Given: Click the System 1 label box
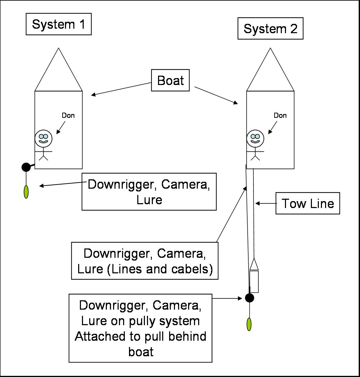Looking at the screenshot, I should pyautogui.click(x=58, y=25).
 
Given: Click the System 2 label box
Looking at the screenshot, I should pyautogui.click(x=270, y=29).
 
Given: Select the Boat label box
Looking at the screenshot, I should pyautogui.click(x=170, y=81).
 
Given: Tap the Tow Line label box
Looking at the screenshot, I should pyautogui.click(x=307, y=204).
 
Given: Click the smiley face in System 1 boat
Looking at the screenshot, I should pyautogui.click(x=44, y=138).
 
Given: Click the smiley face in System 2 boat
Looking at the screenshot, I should pyautogui.click(x=255, y=138).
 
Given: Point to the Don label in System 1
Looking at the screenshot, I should pyautogui.click(x=68, y=115).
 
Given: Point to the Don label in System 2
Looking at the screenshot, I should pyautogui.click(x=280, y=115).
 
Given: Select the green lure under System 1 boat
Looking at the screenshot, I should pyautogui.click(x=26, y=192).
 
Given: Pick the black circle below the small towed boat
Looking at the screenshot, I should pyautogui.click(x=249, y=298).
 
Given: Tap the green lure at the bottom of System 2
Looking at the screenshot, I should pyautogui.click(x=249, y=324).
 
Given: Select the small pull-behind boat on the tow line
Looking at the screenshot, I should pyautogui.click(x=254, y=276).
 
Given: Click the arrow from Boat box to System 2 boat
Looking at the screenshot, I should pyautogui.click(x=216, y=95).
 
